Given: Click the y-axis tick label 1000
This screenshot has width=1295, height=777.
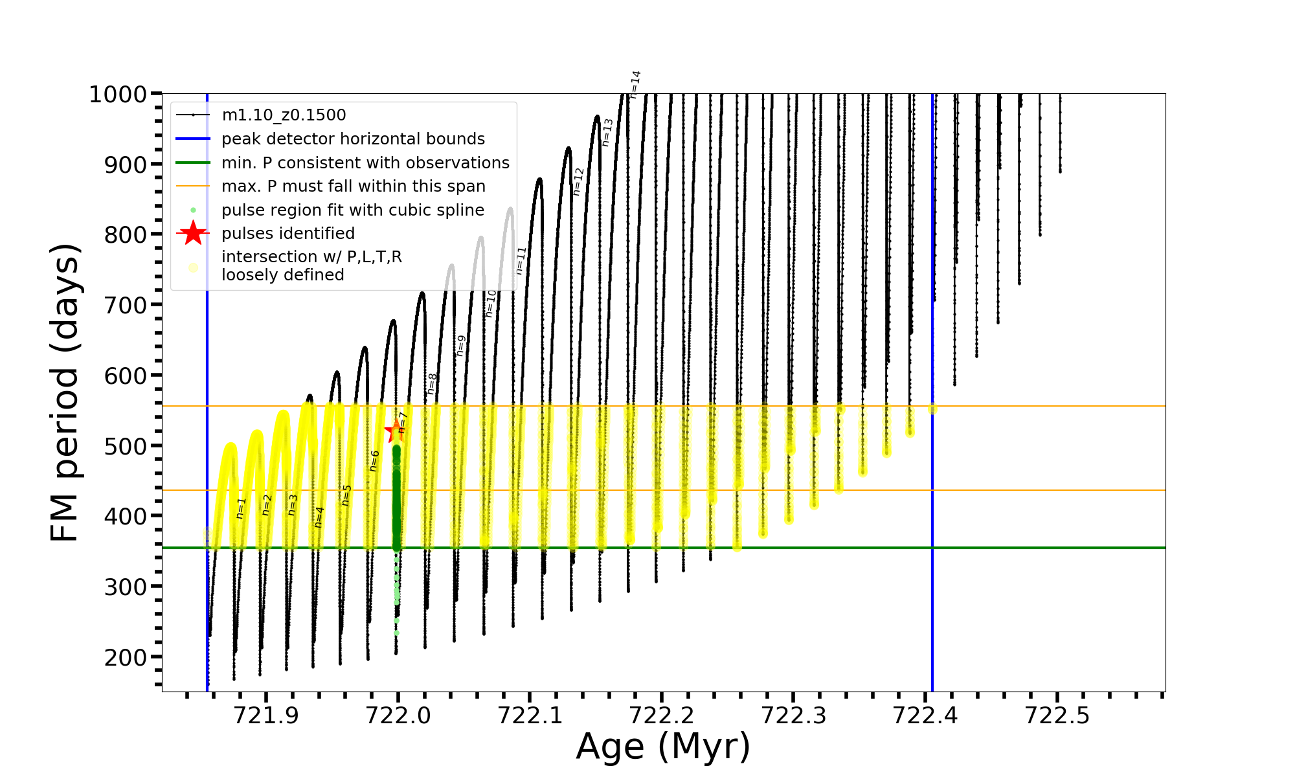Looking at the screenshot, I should [117, 95].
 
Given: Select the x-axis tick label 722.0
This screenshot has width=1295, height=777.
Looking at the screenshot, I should [398, 715].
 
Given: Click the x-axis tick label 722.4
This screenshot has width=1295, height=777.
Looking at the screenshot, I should [925, 715].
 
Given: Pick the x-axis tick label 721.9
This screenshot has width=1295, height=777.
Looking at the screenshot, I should [266, 715].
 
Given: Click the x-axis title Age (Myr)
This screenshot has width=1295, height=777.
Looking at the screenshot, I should [663, 747].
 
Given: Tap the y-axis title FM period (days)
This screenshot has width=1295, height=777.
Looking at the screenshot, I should [65, 392].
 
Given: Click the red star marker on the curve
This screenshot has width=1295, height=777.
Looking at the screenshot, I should [395, 431].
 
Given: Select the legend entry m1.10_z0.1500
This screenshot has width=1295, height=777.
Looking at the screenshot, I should [284, 115].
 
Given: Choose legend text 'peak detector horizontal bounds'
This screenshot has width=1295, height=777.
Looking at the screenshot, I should [353, 139].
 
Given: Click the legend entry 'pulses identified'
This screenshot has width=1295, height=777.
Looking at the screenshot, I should [288, 234].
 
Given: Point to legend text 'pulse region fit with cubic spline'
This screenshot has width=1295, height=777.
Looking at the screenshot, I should [353, 210].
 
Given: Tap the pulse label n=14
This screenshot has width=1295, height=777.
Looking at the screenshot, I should [635, 84].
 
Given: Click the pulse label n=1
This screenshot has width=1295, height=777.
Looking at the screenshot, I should [241, 508].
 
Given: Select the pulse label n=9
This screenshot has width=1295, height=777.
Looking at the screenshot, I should [461, 346].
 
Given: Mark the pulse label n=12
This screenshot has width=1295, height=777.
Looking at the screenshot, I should [578, 182].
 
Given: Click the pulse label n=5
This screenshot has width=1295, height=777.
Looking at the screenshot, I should [346, 495].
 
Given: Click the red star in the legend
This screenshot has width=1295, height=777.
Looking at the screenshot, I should [193, 234].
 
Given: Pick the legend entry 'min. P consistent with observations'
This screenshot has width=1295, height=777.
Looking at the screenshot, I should [365, 163].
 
